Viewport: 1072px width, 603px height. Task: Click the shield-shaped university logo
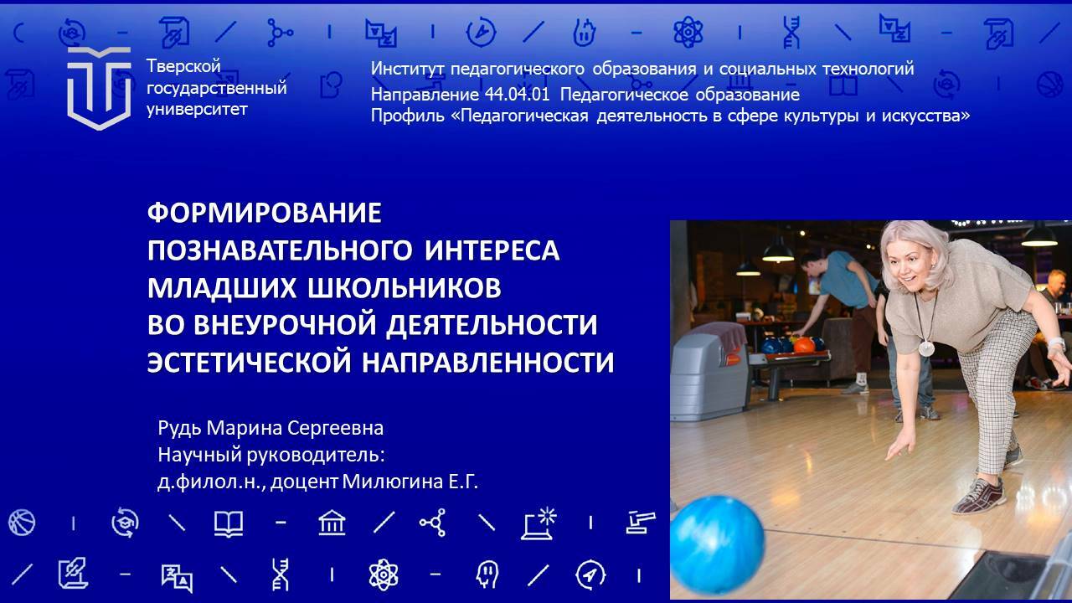click(99, 89)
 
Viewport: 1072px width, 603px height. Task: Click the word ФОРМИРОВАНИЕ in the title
click(264, 213)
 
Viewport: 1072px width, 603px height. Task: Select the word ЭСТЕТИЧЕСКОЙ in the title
click(250, 363)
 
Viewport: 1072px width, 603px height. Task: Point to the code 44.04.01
click(517, 95)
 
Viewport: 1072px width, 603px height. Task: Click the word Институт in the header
click(407, 69)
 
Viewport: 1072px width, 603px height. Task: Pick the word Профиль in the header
click(407, 116)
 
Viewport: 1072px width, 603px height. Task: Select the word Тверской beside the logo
click(183, 66)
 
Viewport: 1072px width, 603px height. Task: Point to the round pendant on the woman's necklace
click(926, 348)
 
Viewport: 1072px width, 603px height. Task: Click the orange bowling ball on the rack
click(804, 344)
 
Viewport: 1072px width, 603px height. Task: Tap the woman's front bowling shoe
click(979, 497)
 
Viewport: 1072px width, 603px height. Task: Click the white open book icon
click(229, 523)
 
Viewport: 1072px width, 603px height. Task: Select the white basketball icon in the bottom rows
click(22, 522)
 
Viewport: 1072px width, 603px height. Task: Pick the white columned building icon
click(332, 522)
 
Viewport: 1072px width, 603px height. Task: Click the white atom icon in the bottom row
click(384, 575)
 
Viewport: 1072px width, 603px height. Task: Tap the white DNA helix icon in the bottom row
click(281, 575)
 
